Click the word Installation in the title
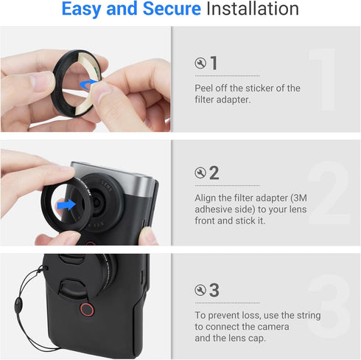[x=253, y=9]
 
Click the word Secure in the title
[x=172, y=9]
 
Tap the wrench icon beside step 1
[x=200, y=63]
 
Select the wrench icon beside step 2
[x=200, y=173]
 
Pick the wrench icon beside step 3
[x=200, y=290]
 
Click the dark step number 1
[x=214, y=63]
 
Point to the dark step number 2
[x=214, y=173]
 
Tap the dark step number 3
[x=214, y=290]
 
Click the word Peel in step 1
[x=203, y=88]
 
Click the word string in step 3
[x=309, y=316]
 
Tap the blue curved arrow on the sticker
[x=88, y=83]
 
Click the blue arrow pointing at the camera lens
[x=66, y=204]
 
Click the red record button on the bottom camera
[x=87, y=309]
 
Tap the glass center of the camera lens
[x=97, y=201]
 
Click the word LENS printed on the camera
[x=107, y=186]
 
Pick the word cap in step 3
[x=257, y=339]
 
